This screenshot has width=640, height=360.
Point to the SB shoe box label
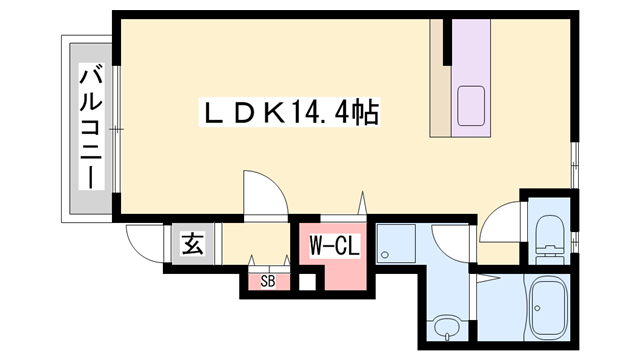point(268,281)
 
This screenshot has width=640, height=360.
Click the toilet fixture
point(549,238)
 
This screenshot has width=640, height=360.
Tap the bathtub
point(549,307)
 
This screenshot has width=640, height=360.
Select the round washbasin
point(445,326)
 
